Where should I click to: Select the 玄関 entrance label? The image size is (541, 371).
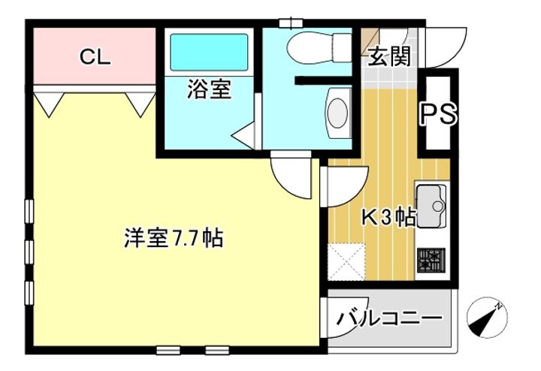point(388,56)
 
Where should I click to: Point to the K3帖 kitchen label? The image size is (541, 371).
point(388,217)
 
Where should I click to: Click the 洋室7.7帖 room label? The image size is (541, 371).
point(173,239)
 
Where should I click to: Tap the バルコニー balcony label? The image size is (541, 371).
point(388,318)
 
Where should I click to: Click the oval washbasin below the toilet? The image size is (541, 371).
point(338,112)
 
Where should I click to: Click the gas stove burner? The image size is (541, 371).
point(431,261)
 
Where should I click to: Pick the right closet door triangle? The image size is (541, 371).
point(140,104)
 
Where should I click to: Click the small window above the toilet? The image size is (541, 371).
point(289,23)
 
